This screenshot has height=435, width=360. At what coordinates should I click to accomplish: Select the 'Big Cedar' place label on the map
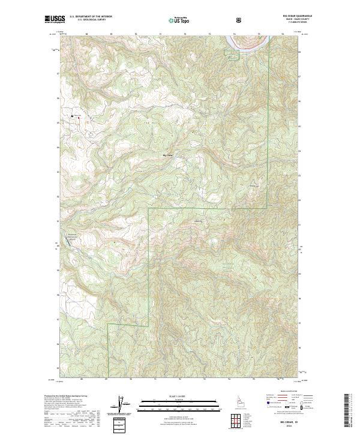coord(168,155)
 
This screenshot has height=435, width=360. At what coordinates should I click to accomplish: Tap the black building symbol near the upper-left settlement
coord(73,115)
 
